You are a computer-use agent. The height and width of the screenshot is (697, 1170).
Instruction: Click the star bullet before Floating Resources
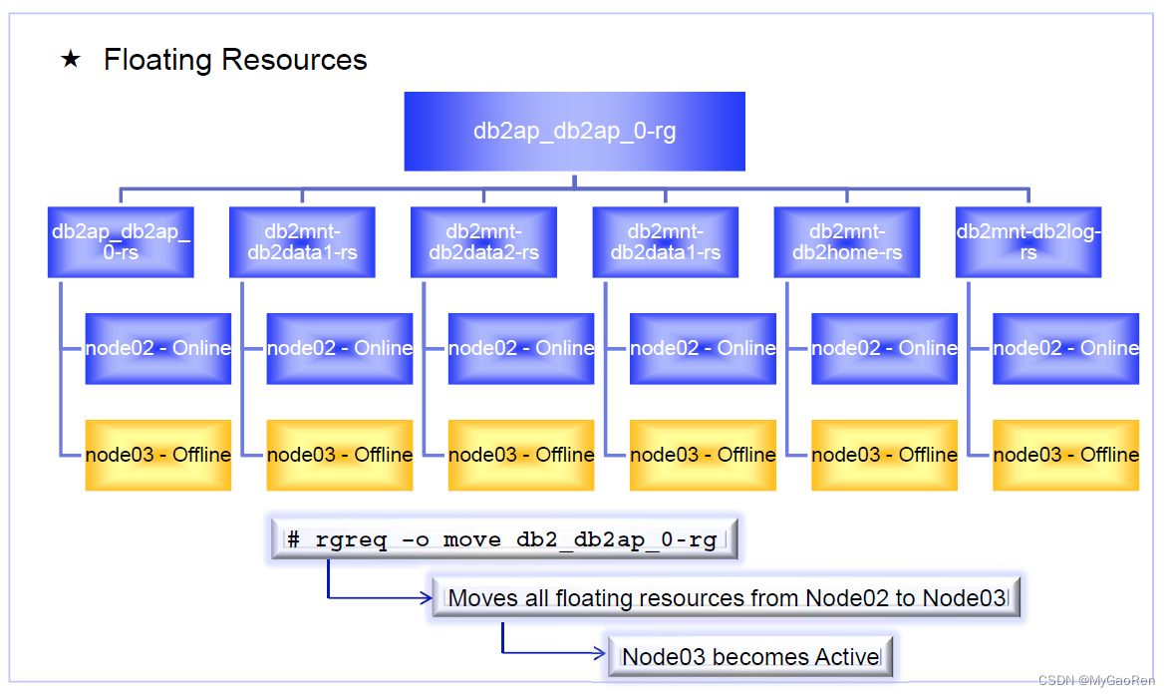pos(70,60)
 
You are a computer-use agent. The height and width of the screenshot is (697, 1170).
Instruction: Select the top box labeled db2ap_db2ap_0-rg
pos(574,131)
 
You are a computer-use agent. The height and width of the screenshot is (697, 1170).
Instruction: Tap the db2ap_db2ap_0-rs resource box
pos(121,242)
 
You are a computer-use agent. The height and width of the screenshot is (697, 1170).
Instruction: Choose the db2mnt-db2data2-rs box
pos(483,242)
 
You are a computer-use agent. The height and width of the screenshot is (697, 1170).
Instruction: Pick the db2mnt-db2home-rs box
pos(847,242)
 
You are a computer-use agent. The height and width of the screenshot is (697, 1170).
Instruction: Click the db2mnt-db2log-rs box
pos(1028,242)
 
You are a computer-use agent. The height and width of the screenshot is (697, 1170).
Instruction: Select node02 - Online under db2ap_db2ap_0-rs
pos(157,348)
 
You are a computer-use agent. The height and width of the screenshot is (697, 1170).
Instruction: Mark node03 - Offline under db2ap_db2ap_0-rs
pos(157,455)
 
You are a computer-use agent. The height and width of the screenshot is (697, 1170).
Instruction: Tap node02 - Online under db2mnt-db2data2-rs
pos(521,348)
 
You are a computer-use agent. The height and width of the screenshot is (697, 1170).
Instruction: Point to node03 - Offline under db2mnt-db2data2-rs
pos(521,455)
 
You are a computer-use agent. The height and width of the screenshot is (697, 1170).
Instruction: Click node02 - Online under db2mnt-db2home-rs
pos(884,348)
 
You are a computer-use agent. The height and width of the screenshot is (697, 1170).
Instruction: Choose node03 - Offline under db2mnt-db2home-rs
pos(884,455)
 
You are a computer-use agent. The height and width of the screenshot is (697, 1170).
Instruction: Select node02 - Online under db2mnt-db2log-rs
pos(1065,348)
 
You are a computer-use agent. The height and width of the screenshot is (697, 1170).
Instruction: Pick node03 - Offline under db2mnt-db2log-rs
pos(1065,455)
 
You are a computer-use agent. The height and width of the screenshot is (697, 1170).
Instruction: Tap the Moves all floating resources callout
pos(728,598)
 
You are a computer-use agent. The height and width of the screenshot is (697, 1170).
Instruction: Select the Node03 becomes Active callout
pos(750,657)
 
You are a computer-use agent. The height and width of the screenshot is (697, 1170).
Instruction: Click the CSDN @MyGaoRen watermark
pos(1096,681)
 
